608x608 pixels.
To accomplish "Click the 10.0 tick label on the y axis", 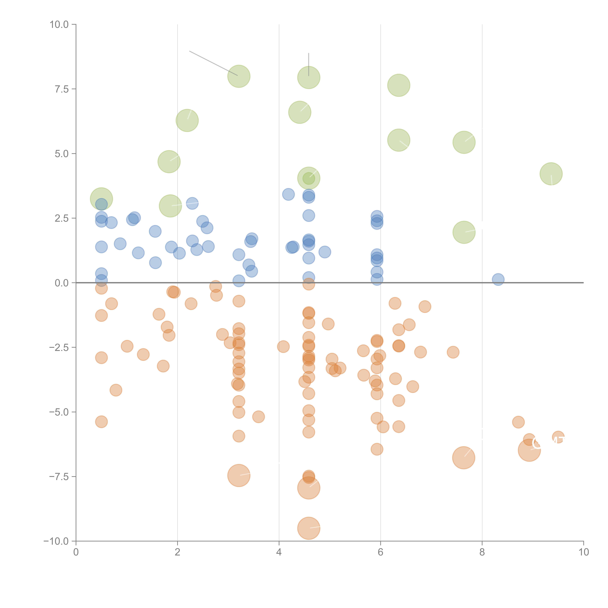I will point(59,25).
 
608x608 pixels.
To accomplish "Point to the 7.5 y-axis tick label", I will point(62,89).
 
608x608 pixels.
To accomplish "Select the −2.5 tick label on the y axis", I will point(59,347).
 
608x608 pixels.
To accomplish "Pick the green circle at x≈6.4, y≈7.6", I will point(399,85).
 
